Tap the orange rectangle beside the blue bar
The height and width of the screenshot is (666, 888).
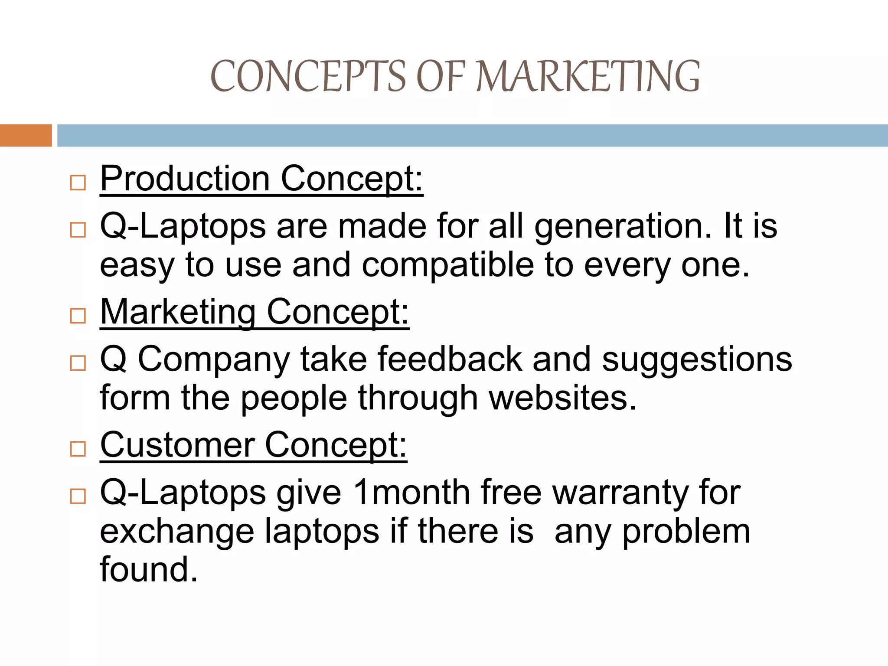point(26,135)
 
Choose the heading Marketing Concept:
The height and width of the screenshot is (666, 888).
point(255,312)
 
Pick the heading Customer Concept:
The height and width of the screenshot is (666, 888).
point(254,445)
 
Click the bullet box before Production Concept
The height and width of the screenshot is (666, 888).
point(78,183)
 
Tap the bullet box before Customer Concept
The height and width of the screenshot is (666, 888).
point(78,449)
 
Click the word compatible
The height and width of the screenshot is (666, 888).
point(448,265)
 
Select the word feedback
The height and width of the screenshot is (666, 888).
point(450,359)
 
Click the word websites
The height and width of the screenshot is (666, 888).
point(562,398)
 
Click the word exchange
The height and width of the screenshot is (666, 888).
point(177,532)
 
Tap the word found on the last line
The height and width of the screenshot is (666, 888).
point(149,570)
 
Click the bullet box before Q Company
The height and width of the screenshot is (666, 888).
point(78,363)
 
